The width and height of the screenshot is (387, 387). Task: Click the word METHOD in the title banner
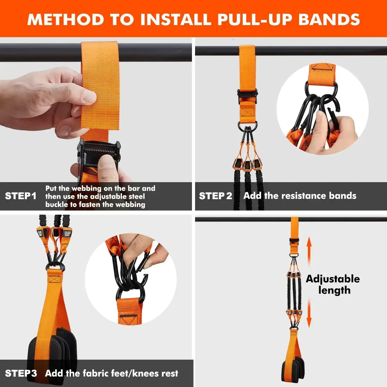(66, 20)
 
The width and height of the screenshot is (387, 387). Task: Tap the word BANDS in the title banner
(329, 20)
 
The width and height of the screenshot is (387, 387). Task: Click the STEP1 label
(21, 196)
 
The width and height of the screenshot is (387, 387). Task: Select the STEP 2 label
(215, 196)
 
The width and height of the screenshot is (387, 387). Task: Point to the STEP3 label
(21, 373)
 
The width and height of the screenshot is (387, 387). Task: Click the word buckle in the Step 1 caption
(57, 205)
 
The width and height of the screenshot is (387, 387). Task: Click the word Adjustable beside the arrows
(333, 279)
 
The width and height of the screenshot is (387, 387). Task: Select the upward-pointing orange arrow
(309, 249)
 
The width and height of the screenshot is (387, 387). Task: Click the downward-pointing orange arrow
(309, 313)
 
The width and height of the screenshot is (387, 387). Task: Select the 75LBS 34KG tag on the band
(67, 234)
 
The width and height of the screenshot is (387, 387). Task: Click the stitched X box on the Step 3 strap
(54, 279)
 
